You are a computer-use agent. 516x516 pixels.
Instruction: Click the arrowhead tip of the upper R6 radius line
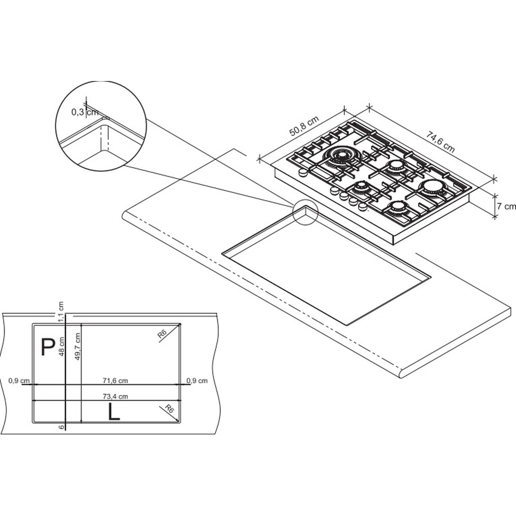tap(181, 324)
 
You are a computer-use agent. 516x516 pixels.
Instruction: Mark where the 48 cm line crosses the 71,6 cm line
tap(66, 384)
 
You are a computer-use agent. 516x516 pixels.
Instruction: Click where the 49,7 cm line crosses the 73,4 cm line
tap(81, 400)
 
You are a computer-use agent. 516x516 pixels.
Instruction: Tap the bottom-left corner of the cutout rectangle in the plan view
tap(32, 423)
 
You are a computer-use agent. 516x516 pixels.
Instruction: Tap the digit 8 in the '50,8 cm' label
tap(307, 124)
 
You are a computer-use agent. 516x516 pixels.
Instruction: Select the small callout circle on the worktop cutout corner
tap(305, 212)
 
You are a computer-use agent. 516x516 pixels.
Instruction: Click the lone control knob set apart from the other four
tap(302, 172)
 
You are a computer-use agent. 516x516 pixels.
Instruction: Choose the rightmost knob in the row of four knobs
tap(362, 206)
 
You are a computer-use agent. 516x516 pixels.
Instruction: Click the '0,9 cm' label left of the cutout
tap(19, 381)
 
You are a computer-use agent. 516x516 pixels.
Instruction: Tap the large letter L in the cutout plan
tap(114, 412)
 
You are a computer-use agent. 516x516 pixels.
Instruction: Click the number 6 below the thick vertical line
tap(61, 427)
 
